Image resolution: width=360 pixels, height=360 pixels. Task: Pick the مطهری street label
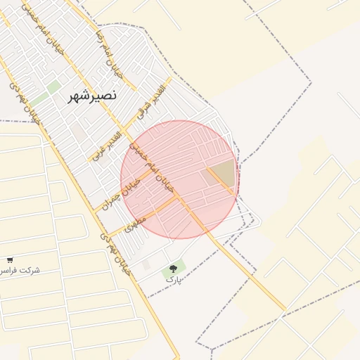pyautogui.click(x=134, y=224)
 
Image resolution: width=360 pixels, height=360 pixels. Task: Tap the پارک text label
pyautogui.click(x=173, y=279)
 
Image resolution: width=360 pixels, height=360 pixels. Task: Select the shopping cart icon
pyautogui.click(x=10, y=260)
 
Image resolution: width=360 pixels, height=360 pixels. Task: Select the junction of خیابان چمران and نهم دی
pyautogui.click(x=94, y=211)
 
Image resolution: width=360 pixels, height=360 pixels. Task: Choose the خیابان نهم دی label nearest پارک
pyautogui.click(x=116, y=255)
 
